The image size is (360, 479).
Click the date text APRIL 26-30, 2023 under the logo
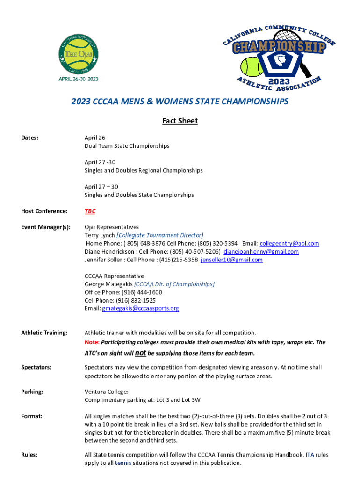click(x=78, y=79)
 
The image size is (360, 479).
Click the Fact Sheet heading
click(x=180, y=121)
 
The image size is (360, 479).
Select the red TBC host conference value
click(x=90, y=211)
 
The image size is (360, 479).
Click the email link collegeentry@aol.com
click(x=289, y=243)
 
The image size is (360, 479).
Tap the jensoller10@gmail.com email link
click(x=231, y=260)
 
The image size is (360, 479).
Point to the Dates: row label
click(x=29, y=138)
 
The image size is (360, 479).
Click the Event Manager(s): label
click(x=46, y=227)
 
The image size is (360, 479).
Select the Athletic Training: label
click(x=44, y=333)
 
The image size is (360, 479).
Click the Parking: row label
click(x=32, y=392)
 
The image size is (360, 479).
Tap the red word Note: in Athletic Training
click(x=92, y=342)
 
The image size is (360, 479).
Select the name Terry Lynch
click(x=100, y=235)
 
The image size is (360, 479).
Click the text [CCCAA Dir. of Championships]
click(x=174, y=284)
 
